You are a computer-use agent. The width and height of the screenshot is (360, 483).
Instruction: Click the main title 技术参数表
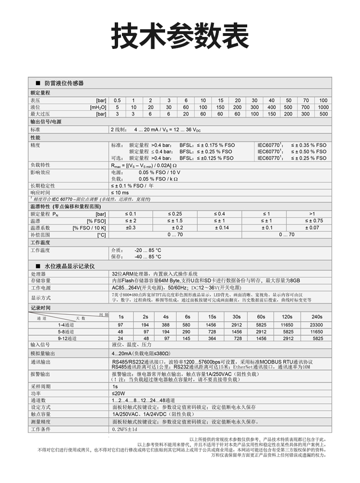180,36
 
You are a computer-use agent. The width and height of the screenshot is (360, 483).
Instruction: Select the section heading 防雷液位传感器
64,83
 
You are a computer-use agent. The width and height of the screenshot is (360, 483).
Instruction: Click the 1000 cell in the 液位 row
323,107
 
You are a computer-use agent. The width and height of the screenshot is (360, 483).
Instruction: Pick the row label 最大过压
40,114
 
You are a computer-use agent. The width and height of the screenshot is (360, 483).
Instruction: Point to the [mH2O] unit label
97,107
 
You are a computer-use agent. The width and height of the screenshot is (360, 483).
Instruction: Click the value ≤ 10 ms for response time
120,192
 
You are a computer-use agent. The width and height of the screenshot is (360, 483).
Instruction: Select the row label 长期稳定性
43,185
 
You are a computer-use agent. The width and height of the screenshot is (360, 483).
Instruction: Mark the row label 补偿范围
40,235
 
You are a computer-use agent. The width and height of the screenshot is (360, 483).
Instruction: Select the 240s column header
317,317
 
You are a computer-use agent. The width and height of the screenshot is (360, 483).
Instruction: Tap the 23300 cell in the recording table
317,325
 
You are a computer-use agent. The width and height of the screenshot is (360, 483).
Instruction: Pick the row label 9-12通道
67,338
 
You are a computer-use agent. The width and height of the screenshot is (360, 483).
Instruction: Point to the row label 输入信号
40,345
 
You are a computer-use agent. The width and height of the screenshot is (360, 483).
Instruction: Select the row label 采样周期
40,386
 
